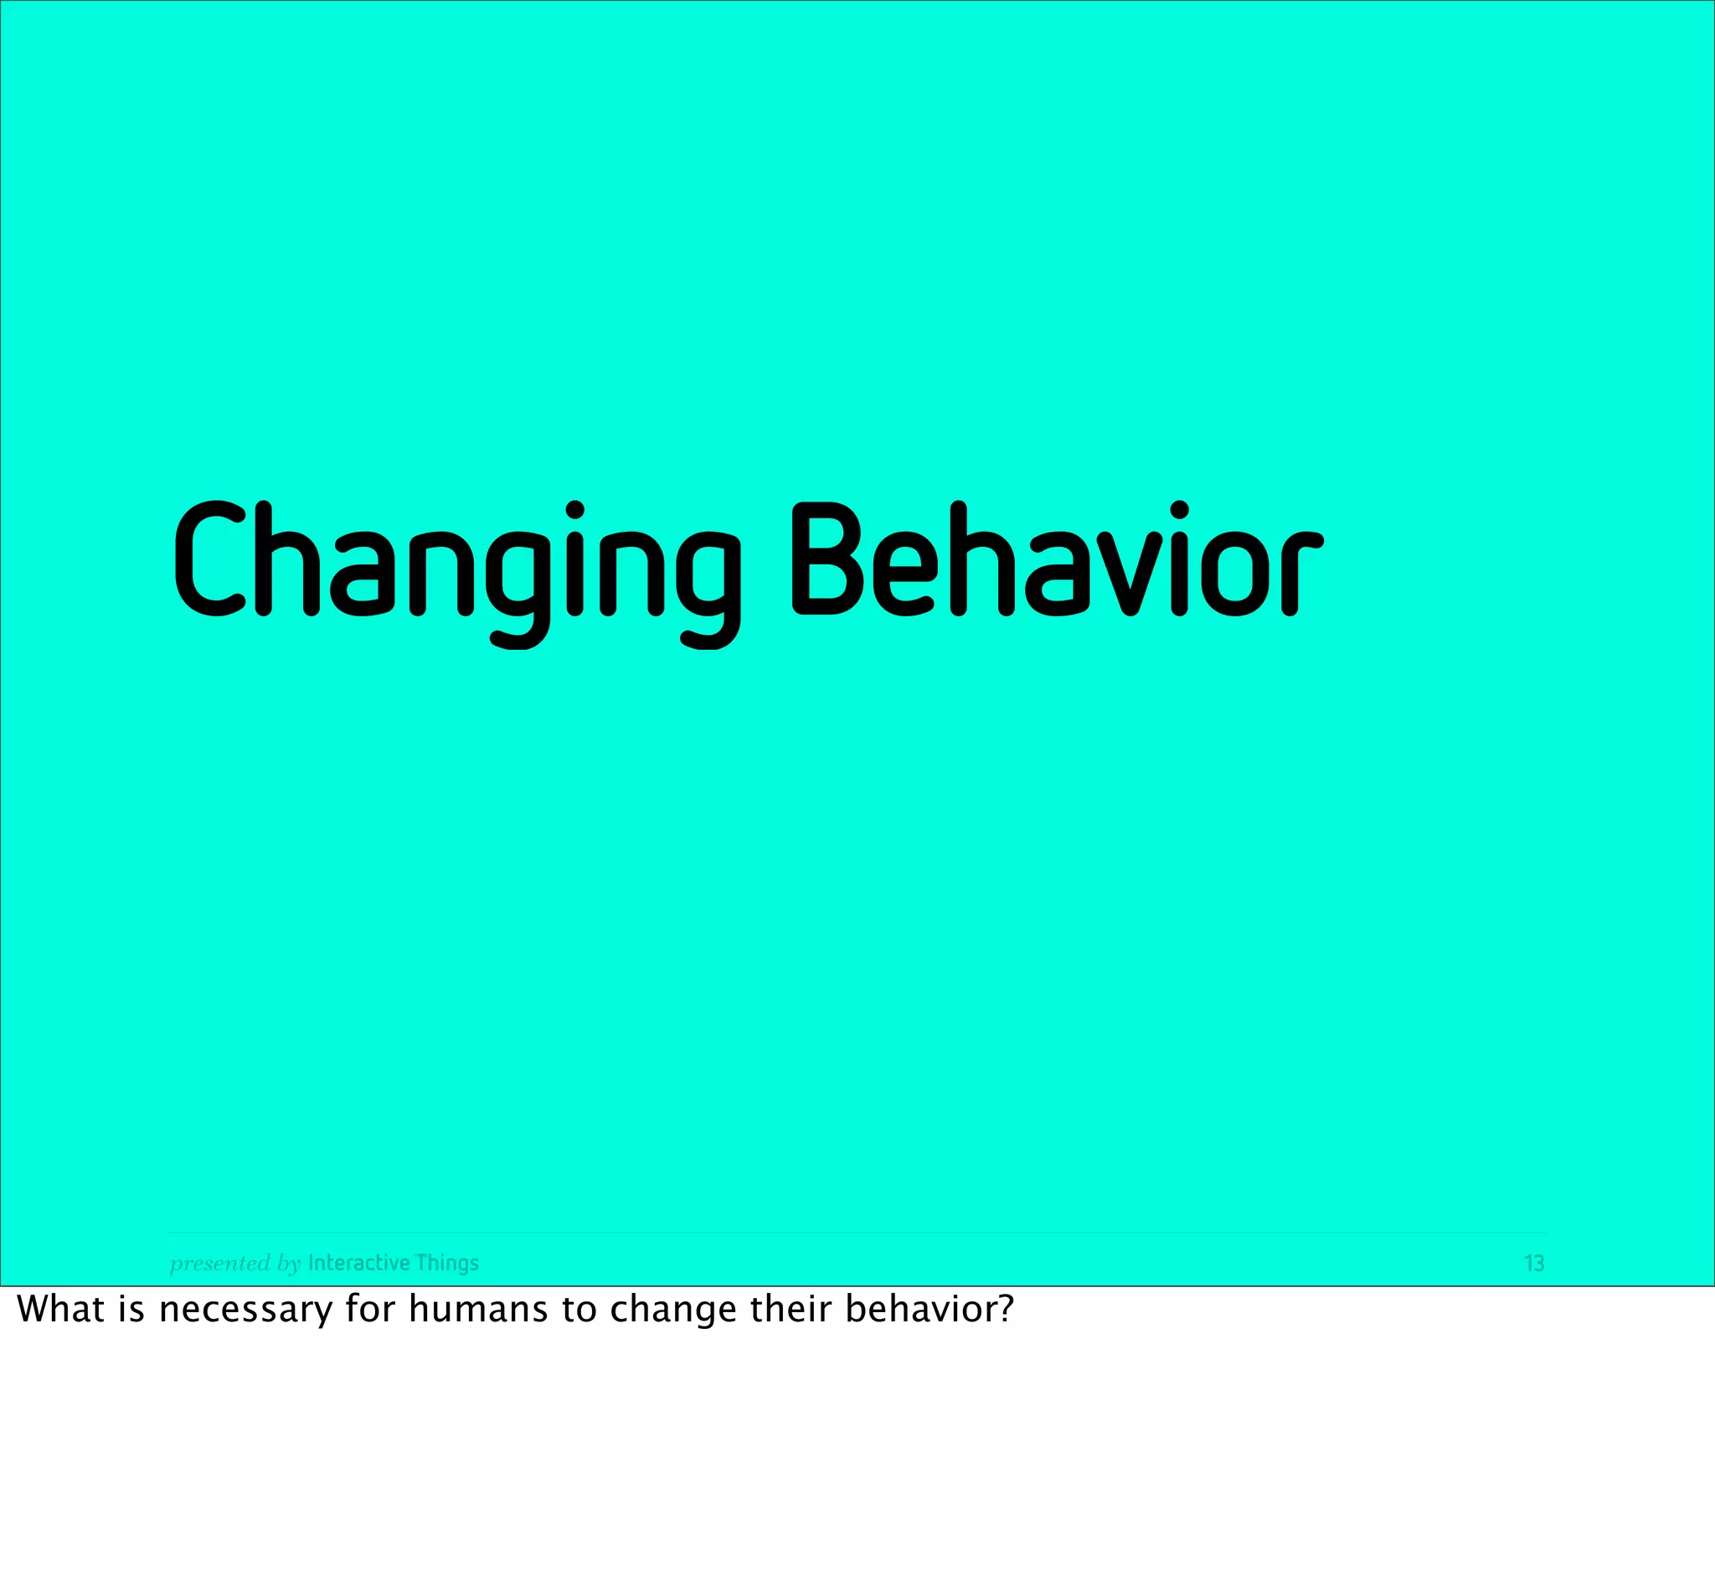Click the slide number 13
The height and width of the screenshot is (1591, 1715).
[x=1533, y=1263]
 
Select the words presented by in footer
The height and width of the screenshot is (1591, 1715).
[x=235, y=1263]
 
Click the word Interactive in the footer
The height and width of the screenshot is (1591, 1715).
[x=358, y=1262]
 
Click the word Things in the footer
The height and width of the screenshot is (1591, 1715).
[x=447, y=1263]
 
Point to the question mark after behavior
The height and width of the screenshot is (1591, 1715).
[x=1006, y=1310]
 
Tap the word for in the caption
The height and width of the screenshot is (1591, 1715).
[x=369, y=1310]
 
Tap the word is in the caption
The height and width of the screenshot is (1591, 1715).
[x=131, y=1310]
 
